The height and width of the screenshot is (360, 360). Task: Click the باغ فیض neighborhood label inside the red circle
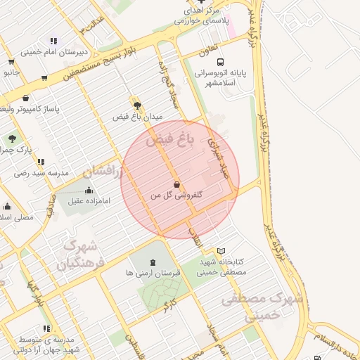[169, 141]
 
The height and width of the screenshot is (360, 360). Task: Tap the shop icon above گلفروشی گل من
[175, 184]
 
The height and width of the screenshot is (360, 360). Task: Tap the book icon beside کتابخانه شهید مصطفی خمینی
[221, 251]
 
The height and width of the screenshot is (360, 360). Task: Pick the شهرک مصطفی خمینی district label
[261, 307]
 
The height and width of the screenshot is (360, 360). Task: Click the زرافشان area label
[102, 171]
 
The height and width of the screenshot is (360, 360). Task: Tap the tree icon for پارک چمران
[13, 139]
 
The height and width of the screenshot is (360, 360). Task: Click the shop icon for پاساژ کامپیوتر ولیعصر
[26, 98]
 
